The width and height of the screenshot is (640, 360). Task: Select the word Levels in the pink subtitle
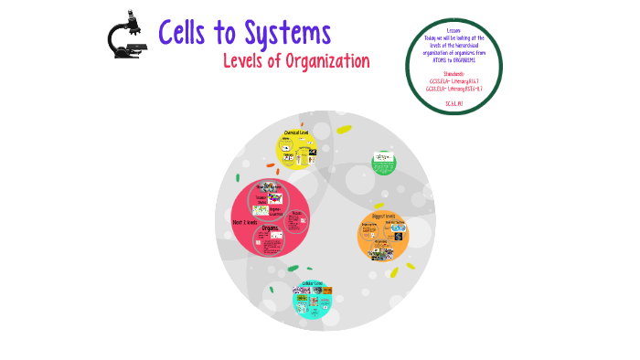(247, 61)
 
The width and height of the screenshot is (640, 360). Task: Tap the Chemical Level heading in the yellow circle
(297, 132)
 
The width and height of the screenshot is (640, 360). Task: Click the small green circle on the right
(384, 163)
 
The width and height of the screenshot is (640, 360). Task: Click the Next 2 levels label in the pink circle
(246, 222)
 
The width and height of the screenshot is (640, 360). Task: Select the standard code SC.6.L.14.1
(453, 103)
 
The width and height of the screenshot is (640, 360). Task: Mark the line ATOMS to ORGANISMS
(453, 60)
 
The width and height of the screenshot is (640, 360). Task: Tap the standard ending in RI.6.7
(453, 80)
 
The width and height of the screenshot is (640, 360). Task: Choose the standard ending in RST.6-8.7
(453, 89)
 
